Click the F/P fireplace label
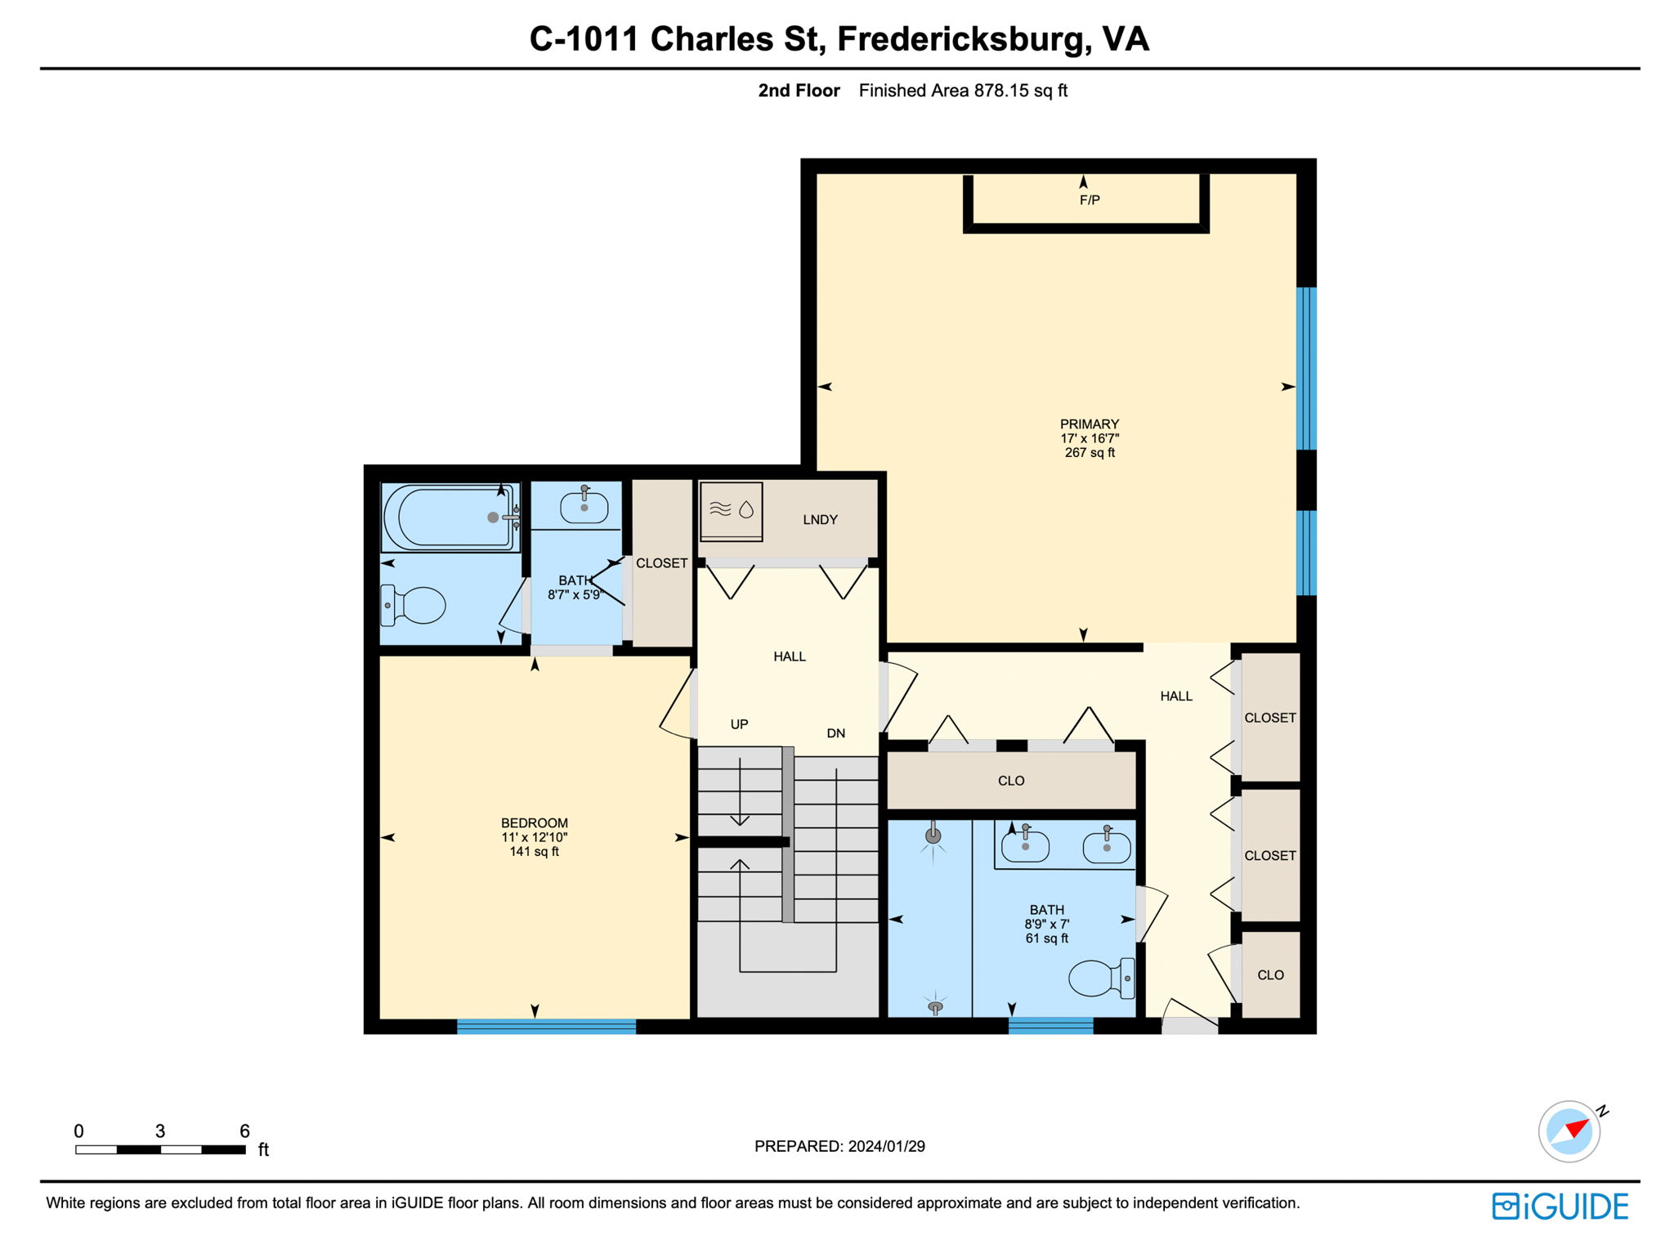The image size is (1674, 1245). click(x=1089, y=199)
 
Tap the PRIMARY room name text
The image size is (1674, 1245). click(x=1089, y=423)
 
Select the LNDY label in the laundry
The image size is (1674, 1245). click(x=820, y=519)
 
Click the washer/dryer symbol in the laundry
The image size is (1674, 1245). click(x=732, y=511)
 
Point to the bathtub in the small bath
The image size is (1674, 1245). click(x=450, y=517)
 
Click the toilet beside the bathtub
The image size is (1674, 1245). click(x=414, y=605)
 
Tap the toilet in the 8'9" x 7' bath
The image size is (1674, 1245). click(x=1099, y=978)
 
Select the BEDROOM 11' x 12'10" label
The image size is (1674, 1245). click(x=534, y=836)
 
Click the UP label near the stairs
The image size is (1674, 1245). click(x=739, y=724)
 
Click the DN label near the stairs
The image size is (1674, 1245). click(x=835, y=733)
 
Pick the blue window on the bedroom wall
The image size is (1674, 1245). click(x=546, y=1027)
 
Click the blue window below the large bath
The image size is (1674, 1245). click(x=1050, y=1026)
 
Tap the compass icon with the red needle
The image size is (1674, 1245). click(x=1569, y=1132)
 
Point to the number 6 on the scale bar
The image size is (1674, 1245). click(x=244, y=1131)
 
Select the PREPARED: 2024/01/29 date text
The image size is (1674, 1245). click(x=839, y=1146)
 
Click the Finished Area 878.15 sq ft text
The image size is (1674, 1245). click(x=963, y=91)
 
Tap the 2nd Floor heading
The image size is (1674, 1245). click(x=799, y=91)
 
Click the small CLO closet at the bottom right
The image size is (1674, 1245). click(x=1270, y=974)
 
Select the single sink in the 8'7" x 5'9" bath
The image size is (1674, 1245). click(x=584, y=507)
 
